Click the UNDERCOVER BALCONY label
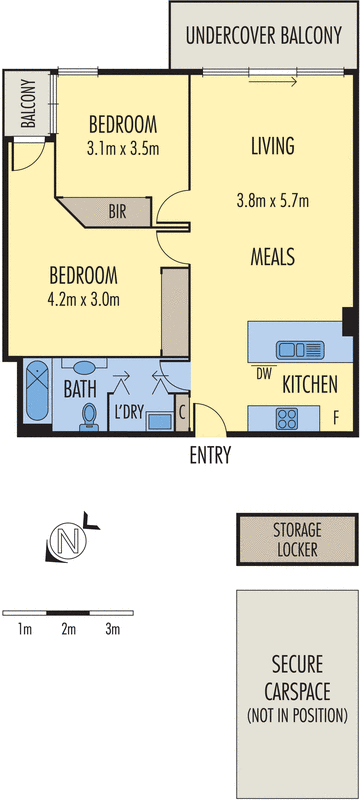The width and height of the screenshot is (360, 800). tap(263, 36)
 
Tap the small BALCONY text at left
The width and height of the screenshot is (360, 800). tap(28, 104)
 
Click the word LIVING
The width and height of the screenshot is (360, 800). tap(272, 146)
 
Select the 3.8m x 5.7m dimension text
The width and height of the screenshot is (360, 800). tap(272, 200)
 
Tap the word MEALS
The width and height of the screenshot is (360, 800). tap(272, 257)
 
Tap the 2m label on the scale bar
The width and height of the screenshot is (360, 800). tap(68, 629)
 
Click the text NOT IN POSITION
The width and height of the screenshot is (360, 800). tap(296, 714)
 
